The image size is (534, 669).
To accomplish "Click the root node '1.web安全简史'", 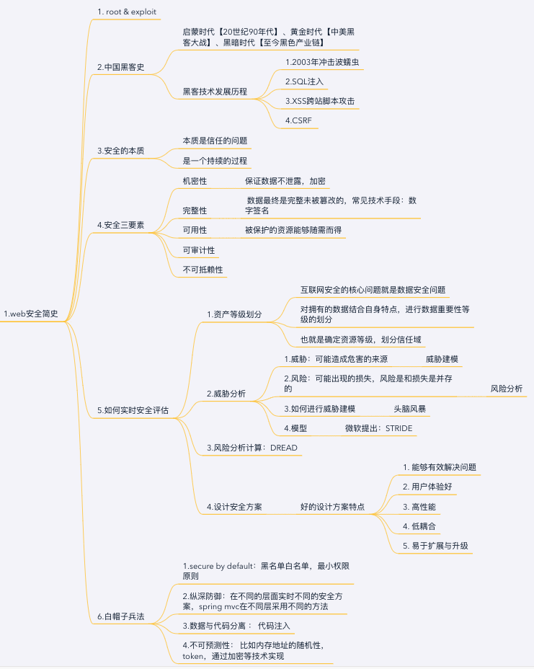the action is (31, 314).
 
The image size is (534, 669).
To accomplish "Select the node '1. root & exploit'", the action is (127, 12).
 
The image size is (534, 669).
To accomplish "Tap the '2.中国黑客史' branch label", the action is (121, 67).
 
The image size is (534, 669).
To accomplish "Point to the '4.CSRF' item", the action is (299, 120).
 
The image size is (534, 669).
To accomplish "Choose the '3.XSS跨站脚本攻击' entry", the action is (320, 101).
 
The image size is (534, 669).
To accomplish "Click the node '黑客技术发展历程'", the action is (215, 92).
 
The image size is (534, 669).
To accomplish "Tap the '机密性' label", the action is (195, 180).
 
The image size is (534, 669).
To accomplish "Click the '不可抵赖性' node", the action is (203, 270).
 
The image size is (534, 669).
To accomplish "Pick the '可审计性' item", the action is (199, 250).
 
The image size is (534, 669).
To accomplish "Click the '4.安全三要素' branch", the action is (121, 225).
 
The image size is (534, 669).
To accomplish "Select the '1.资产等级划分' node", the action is (234, 314).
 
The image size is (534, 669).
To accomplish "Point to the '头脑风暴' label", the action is (409, 409).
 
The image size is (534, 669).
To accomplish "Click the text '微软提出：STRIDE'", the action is (379, 428).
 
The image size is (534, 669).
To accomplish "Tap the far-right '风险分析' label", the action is (507, 389).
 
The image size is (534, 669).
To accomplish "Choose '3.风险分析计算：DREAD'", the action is (252, 448).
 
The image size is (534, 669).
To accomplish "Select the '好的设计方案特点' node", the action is (332, 507).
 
